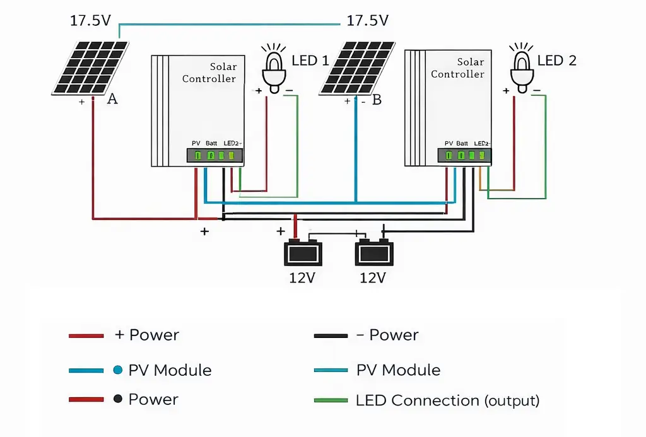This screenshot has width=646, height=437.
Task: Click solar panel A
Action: click(x=90, y=67)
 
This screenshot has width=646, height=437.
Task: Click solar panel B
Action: click(x=358, y=67)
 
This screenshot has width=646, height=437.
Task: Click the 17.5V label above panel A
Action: click(x=90, y=21)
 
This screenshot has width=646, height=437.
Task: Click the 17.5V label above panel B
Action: click(x=367, y=21)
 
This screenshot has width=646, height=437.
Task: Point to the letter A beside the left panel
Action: click(x=112, y=99)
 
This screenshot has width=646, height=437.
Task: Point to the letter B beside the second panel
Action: click(x=377, y=100)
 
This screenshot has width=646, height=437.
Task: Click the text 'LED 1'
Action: click(x=310, y=61)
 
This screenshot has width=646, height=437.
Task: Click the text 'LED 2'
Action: click(x=556, y=61)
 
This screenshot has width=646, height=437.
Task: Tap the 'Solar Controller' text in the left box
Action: click(x=209, y=73)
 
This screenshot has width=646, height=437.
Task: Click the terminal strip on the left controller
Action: click(x=214, y=155)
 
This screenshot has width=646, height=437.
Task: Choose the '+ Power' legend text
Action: click(x=147, y=335)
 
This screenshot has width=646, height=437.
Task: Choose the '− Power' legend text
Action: click(x=387, y=335)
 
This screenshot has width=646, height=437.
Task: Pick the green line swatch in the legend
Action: click(x=331, y=400)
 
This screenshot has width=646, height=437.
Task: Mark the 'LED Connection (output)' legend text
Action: click(x=447, y=400)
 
